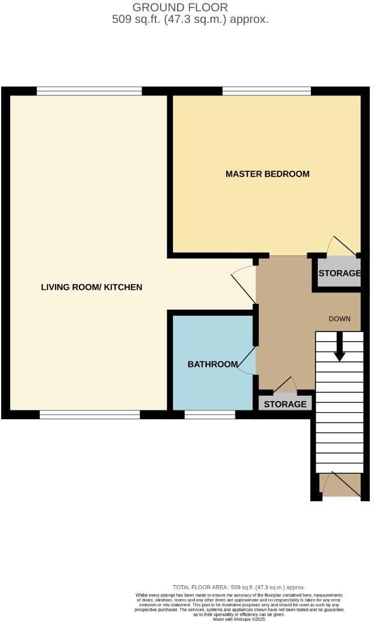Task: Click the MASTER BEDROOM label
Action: (267, 174)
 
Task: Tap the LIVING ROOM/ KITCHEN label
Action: (92, 287)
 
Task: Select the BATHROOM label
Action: (213, 364)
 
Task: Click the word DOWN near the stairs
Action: (340, 319)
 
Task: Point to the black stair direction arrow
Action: (339, 351)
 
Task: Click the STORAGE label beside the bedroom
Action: (340, 274)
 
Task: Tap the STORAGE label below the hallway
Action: (285, 404)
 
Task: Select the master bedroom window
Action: (266, 91)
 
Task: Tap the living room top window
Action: (89, 91)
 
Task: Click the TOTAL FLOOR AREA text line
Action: (238, 587)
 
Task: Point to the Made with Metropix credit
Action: (241, 618)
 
